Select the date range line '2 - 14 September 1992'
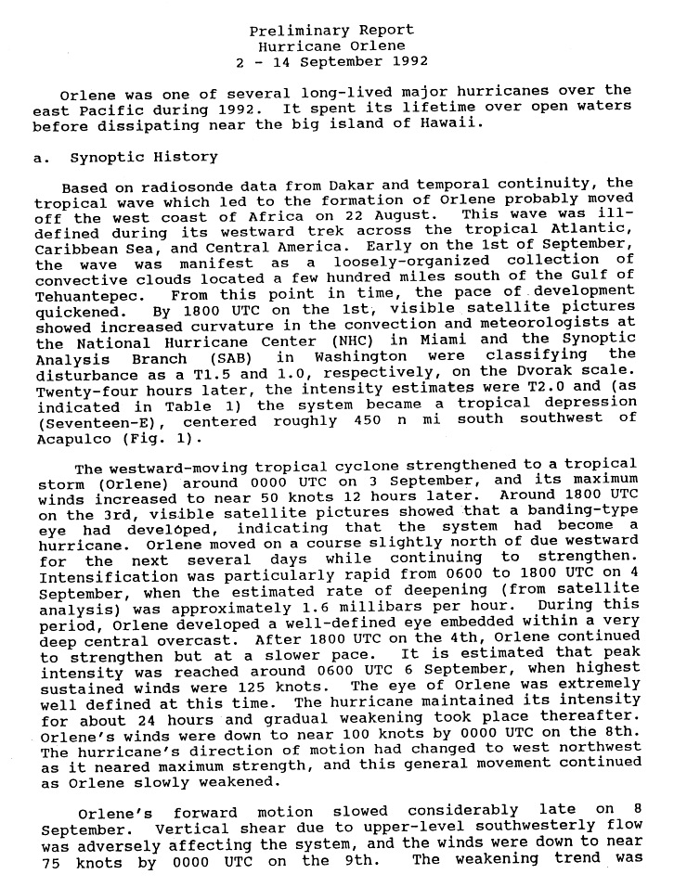pyautogui.click(x=332, y=61)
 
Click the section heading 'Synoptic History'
pyautogui.click(x=144, y=157)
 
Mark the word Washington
pyautogui.click(x=361, y=355)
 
